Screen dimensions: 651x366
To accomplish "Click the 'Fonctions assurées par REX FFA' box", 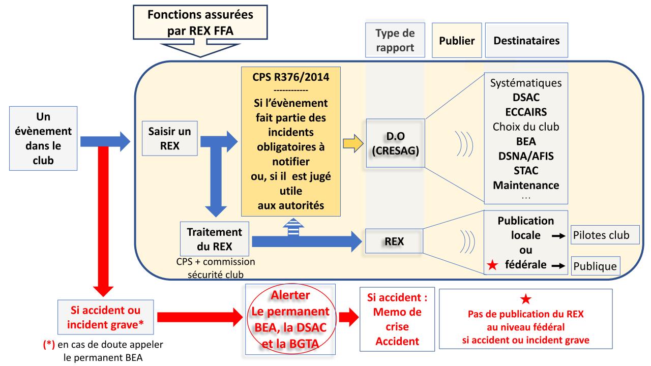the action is pos(200,22).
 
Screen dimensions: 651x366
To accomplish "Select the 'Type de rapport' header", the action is pos(395,40).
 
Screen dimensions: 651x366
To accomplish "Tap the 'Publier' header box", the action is pos(457,40).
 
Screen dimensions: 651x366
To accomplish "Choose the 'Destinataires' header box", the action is pos(526,40).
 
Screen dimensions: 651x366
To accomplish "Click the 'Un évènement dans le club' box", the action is pos(43,138).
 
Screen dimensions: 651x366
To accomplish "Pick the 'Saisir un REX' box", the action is pos(170,138).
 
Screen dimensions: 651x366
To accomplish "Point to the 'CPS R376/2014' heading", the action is pos(290,77).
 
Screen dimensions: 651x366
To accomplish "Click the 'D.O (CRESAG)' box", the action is pos(395,143).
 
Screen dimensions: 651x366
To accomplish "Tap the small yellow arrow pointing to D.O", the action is pos(353,143).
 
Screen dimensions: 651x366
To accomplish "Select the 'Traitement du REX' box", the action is pos(215,239).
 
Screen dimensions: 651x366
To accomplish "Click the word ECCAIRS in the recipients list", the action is pos(526,112).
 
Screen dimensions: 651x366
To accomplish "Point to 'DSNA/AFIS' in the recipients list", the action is pos(526,156).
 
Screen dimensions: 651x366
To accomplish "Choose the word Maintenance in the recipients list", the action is pos(526,186).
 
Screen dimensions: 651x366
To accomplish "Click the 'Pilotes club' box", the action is pos(605,235).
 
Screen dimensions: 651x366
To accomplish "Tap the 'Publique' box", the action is pos(596,266).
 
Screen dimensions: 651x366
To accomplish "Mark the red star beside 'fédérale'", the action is pos(492,265).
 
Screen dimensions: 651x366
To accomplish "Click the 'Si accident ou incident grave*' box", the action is pos(105,317).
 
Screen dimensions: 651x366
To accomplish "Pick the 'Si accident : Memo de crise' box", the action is pos(397,319).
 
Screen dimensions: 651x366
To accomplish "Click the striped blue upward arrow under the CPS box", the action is pos(293,227).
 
